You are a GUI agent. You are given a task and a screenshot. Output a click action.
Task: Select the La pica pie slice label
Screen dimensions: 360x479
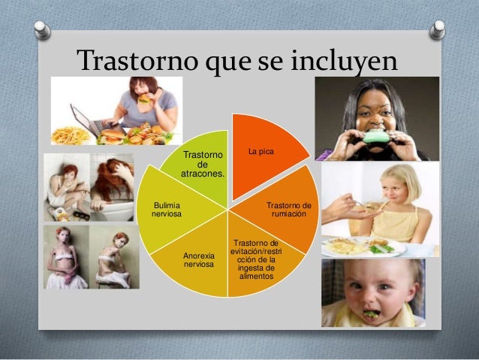pos(261,152)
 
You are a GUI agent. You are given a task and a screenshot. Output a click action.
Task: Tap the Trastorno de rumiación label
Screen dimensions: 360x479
pos(289,210)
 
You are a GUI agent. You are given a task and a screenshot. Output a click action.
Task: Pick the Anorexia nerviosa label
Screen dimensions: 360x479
pos(199,260)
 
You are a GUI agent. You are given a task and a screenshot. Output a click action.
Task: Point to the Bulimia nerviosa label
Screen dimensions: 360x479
pos(166,209)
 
